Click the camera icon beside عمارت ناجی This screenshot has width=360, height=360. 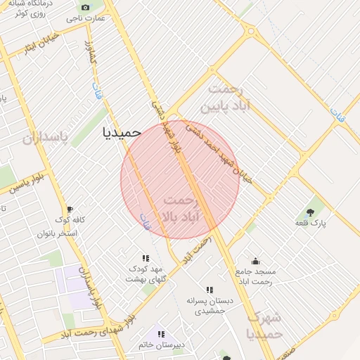86,8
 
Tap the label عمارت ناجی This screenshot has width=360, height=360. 86,18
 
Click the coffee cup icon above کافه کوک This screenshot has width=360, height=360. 69,210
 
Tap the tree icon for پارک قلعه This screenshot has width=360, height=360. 309,211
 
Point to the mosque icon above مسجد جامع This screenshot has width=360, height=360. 255,261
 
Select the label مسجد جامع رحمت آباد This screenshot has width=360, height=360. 256,276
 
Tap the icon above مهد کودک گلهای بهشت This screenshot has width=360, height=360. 146,258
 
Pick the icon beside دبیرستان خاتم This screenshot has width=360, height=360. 161,335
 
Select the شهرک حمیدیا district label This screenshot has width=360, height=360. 264,324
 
